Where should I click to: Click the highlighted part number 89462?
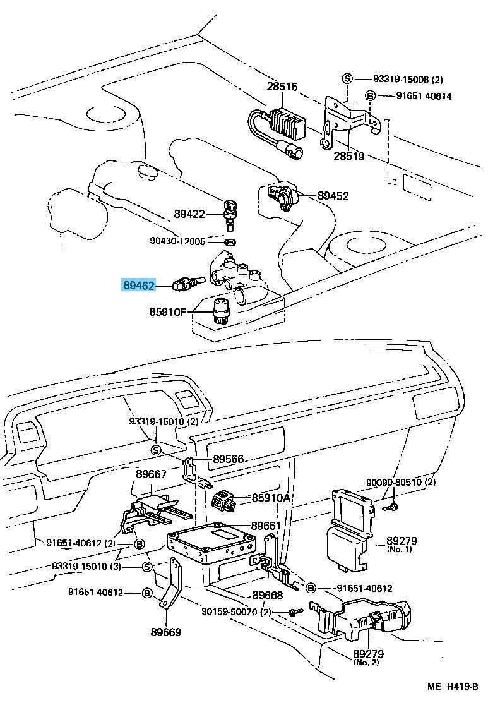tap(138, 286)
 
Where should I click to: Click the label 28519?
tap(349, 155)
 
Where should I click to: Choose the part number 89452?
tap(333, 196)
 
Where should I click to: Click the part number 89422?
tap(190, 214)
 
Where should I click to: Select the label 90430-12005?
tap(178, 241)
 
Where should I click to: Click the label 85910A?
tap(271, 498)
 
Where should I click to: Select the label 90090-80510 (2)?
tap(401, 483)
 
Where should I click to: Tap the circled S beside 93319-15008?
tap(347, 79)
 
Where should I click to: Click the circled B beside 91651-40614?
tap(371, 97)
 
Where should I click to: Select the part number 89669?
tap(166, 631)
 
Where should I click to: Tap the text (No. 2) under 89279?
tap(366, 663)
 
